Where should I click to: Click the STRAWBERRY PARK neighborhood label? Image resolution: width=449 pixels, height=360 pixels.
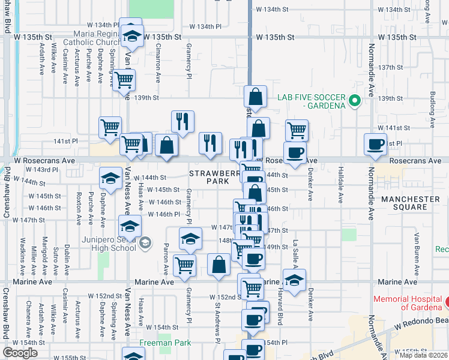click(x=209, y=176)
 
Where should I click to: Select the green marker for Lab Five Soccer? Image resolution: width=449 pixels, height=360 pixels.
click(x=354, y=100)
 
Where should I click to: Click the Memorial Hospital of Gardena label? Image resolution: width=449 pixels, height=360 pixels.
click(x=408, y=303)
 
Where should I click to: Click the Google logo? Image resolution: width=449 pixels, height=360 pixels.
click(x=20, y=353)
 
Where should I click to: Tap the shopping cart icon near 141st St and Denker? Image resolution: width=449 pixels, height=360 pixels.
click(x=297, y=130)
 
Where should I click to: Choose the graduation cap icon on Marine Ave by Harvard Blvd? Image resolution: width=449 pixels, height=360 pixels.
click(x=294, y=280)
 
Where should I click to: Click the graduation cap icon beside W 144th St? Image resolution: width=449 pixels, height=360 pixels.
click(x=110, y=178)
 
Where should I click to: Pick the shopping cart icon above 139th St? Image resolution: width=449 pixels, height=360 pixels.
click(x=124, y=80)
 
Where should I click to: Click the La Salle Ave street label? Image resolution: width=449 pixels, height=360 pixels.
click(x=296, y=251)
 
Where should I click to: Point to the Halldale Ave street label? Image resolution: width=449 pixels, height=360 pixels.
click(x=340, y=185)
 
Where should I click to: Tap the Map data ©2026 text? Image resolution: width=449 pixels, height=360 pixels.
click(x=423, y=355)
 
